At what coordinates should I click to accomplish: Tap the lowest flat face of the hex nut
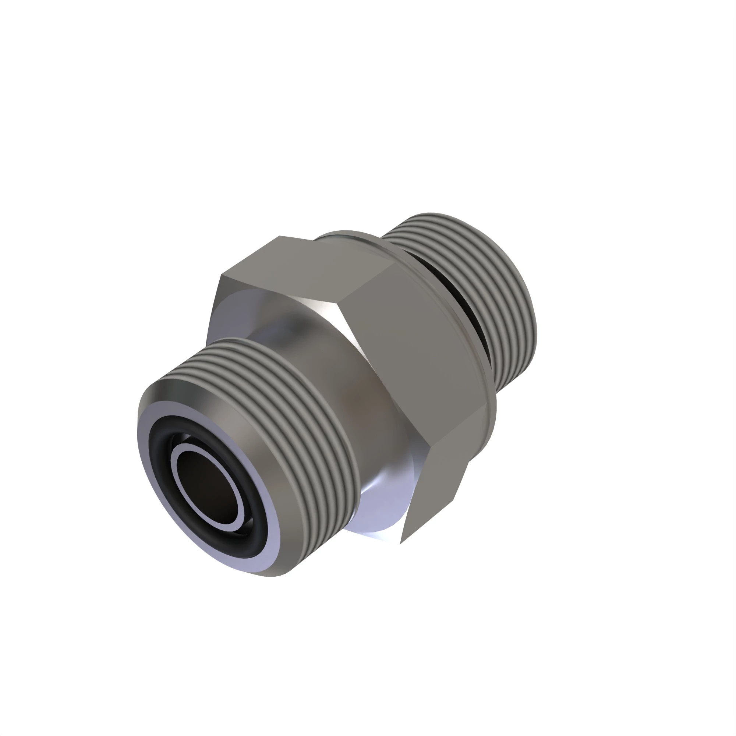pos(438,495)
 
